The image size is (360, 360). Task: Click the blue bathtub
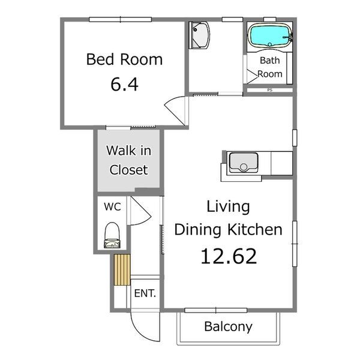[x=269, y=35]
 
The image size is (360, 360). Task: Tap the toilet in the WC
[x=112, y=235]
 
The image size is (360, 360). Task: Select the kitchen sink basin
[x=244, y=163]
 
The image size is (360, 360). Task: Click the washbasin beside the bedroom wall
[x=199, y=35]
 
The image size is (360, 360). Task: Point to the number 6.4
[x=124, y=84]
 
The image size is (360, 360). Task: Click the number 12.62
[x=229, y=256]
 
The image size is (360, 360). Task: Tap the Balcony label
[x=228, y=327]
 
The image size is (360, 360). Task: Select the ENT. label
[x=145, y=293]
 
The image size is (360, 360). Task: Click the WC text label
[x=112, y=206]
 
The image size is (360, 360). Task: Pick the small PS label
[x=270, y=90]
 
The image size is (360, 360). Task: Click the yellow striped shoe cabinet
[x=122, y=269]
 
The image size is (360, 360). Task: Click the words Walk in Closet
[x=129, y=160]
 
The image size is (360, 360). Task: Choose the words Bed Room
[x=124, y=59]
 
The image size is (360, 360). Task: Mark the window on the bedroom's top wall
[x=121, y=20]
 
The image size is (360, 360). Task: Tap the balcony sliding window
[x=216, y=310]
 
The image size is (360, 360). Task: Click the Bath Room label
[x=270, y=67]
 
